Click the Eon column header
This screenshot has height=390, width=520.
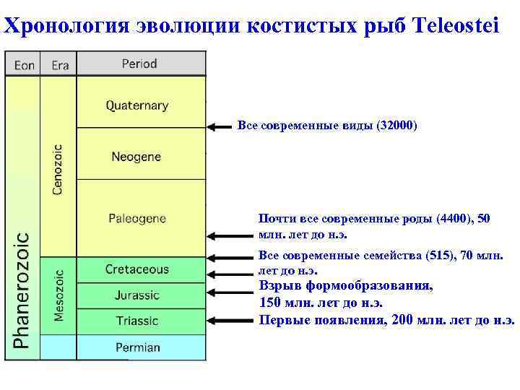(x=24, y=65)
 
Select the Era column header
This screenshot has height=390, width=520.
(x=60, y=65)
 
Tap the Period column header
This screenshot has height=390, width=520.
(x=139, y=64)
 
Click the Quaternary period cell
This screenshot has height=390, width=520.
(x=137, y=105)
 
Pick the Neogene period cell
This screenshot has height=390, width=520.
(x=136, y=156)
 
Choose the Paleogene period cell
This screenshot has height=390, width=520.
(x=137, y=217)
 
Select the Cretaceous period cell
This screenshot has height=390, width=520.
(x=137, y=269)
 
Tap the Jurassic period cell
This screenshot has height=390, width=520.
(x=136, y=295)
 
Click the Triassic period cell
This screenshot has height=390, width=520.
(x=136, y=320)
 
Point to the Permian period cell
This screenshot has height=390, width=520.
(x=137, y=347)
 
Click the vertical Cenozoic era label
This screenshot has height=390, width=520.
(x=58, y=169)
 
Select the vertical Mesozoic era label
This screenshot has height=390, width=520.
(x=58, y=295)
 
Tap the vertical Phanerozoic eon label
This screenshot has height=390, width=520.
(x=22, y=289)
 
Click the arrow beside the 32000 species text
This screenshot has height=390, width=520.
(x=220, y=127)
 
